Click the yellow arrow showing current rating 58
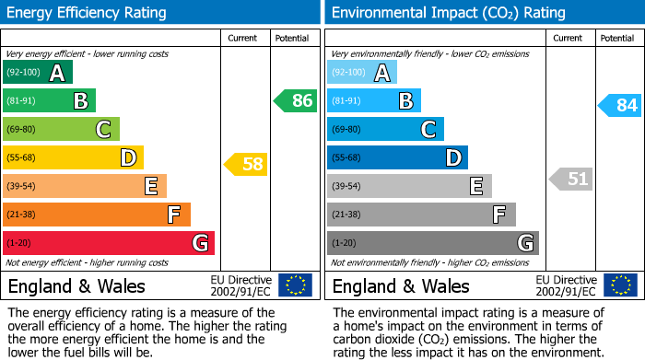pyautogui.click(x=245, y=165)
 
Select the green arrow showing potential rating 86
pyautogui.click(x=295, y=101)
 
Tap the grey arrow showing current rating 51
pyautogui.click(x=570, y=179)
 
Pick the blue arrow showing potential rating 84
pyautogui.click(x=619, y=106)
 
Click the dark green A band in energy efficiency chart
pyautogui.click(x=38, y=73)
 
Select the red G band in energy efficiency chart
pyautogui.click(x=109, y=243)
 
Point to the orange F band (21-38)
pyautogui.click(x=97, y=215)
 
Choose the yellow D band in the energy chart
pyautogui.click(x=73, y=157)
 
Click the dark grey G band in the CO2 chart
pyautogui.click(x=432, y=243)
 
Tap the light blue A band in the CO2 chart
pyautogui.click(x=362, y=73)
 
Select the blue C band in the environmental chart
pyautogui.click(x=385, y=129)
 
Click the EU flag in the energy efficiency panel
pyautogui.click(x=295, y=285)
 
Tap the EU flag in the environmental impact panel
pyautogui.click(x=620, y=285)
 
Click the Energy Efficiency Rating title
pyautogui.click(x=88, y=13)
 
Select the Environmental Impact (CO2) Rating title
pyautogui.click(x=448, y=13)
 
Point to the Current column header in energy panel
pyautogui.click(x=243, y=38)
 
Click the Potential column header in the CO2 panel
pyautogui.click(x=616, y=38)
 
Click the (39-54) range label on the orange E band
pyautogui.click(x=20, y=186)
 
